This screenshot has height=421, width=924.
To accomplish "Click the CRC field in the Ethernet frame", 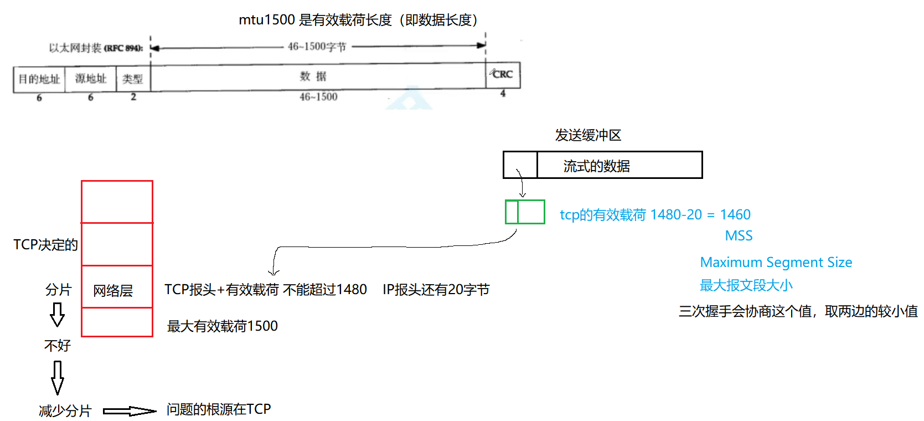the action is tap(503, 75).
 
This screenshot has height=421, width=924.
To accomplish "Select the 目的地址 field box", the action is tap(39, 79).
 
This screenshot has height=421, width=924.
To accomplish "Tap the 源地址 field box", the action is tap(90, 79).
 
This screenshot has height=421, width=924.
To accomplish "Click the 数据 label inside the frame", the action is tap(313, 76).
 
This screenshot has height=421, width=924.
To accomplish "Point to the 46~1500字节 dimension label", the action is tap(317, 47).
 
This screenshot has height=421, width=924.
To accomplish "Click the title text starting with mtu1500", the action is tap(358, 20).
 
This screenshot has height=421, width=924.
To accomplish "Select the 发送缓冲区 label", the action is tap(588, 135).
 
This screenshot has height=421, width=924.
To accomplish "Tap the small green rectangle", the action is tap(525, 212).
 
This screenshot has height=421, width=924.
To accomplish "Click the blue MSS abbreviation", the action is tap(739, 236).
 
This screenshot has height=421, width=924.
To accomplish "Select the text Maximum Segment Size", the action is tap(776, 262).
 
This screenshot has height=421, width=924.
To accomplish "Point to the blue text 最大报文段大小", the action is tap(746, 285).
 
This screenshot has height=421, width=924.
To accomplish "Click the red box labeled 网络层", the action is tap(117, 287).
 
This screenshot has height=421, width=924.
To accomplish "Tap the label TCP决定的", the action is tap(45, 245).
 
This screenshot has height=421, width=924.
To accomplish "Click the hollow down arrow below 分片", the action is tap(57, 315).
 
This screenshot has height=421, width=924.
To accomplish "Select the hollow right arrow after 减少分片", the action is tap(130, 411).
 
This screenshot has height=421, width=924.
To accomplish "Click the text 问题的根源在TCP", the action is tap(218, 409).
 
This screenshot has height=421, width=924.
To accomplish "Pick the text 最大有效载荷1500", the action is tap(222, 326).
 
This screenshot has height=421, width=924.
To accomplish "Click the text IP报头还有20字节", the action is tap(436, 290).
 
